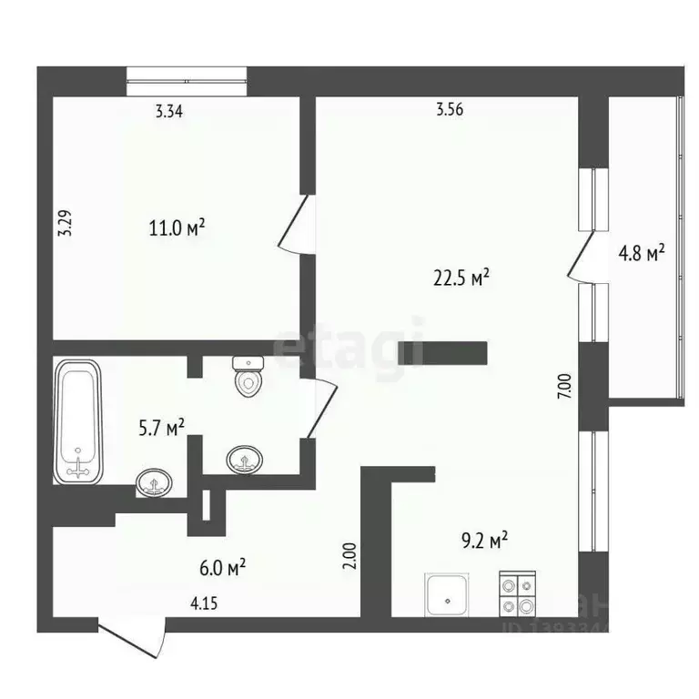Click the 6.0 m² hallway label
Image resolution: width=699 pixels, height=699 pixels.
point(222,568)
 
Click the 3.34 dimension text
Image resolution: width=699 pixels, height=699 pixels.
point(169,112)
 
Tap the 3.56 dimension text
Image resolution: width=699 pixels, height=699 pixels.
point(450,112)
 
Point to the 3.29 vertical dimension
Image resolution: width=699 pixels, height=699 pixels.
point(65,224)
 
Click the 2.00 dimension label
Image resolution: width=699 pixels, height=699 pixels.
point(350,555)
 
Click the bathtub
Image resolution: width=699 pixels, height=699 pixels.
point(79,420)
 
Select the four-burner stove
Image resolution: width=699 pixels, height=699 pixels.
point(517,595)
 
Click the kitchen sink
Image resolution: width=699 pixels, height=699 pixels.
point(448,594)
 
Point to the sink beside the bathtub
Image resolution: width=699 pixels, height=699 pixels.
point(155,481)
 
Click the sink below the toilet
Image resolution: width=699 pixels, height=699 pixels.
point(243,458)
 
